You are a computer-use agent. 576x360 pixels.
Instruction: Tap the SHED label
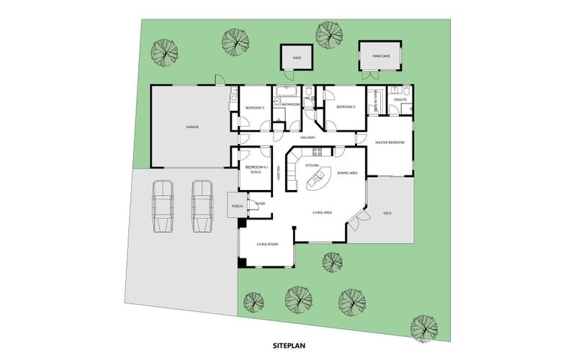pyautogui.click(x=296, y=57)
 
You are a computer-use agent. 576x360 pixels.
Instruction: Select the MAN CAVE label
pyautogui.click(x=381, y=55)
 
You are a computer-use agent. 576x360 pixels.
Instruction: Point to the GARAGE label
pyautogui.click(x=192, y=127)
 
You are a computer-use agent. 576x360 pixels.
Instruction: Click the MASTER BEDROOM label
pyautogui.click(x=390, y=143)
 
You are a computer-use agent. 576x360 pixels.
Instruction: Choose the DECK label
pyautogui.click(x=387, y=213)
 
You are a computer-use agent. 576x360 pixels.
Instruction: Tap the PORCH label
pyautogui.click(x=237, y=207)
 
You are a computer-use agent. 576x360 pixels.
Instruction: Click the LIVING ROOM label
pyautogui.click(x=267, y=244)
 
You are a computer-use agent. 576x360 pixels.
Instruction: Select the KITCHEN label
pyautogui.click(x=312, y=166)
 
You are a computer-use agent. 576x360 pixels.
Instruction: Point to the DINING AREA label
pyautogui.click(x=348, y=173)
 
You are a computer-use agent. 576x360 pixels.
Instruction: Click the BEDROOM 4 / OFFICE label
pyautogui.click(x=255, y=169)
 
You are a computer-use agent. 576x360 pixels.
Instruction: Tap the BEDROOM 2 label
pyautogui.click(x=347, y=107)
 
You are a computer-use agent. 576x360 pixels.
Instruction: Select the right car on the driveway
pyautogui.click(x=202, y=207)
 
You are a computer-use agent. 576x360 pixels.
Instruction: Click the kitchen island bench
pyautogui.click(x=317, y=178)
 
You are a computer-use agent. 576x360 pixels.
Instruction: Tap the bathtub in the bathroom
pyautogui.click(x=287, y=91)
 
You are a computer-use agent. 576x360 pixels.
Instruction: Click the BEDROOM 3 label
pyautogui.click(x=255, y=108)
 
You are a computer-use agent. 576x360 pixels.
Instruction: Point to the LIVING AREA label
pyautogui.click(x=322, y=213)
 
